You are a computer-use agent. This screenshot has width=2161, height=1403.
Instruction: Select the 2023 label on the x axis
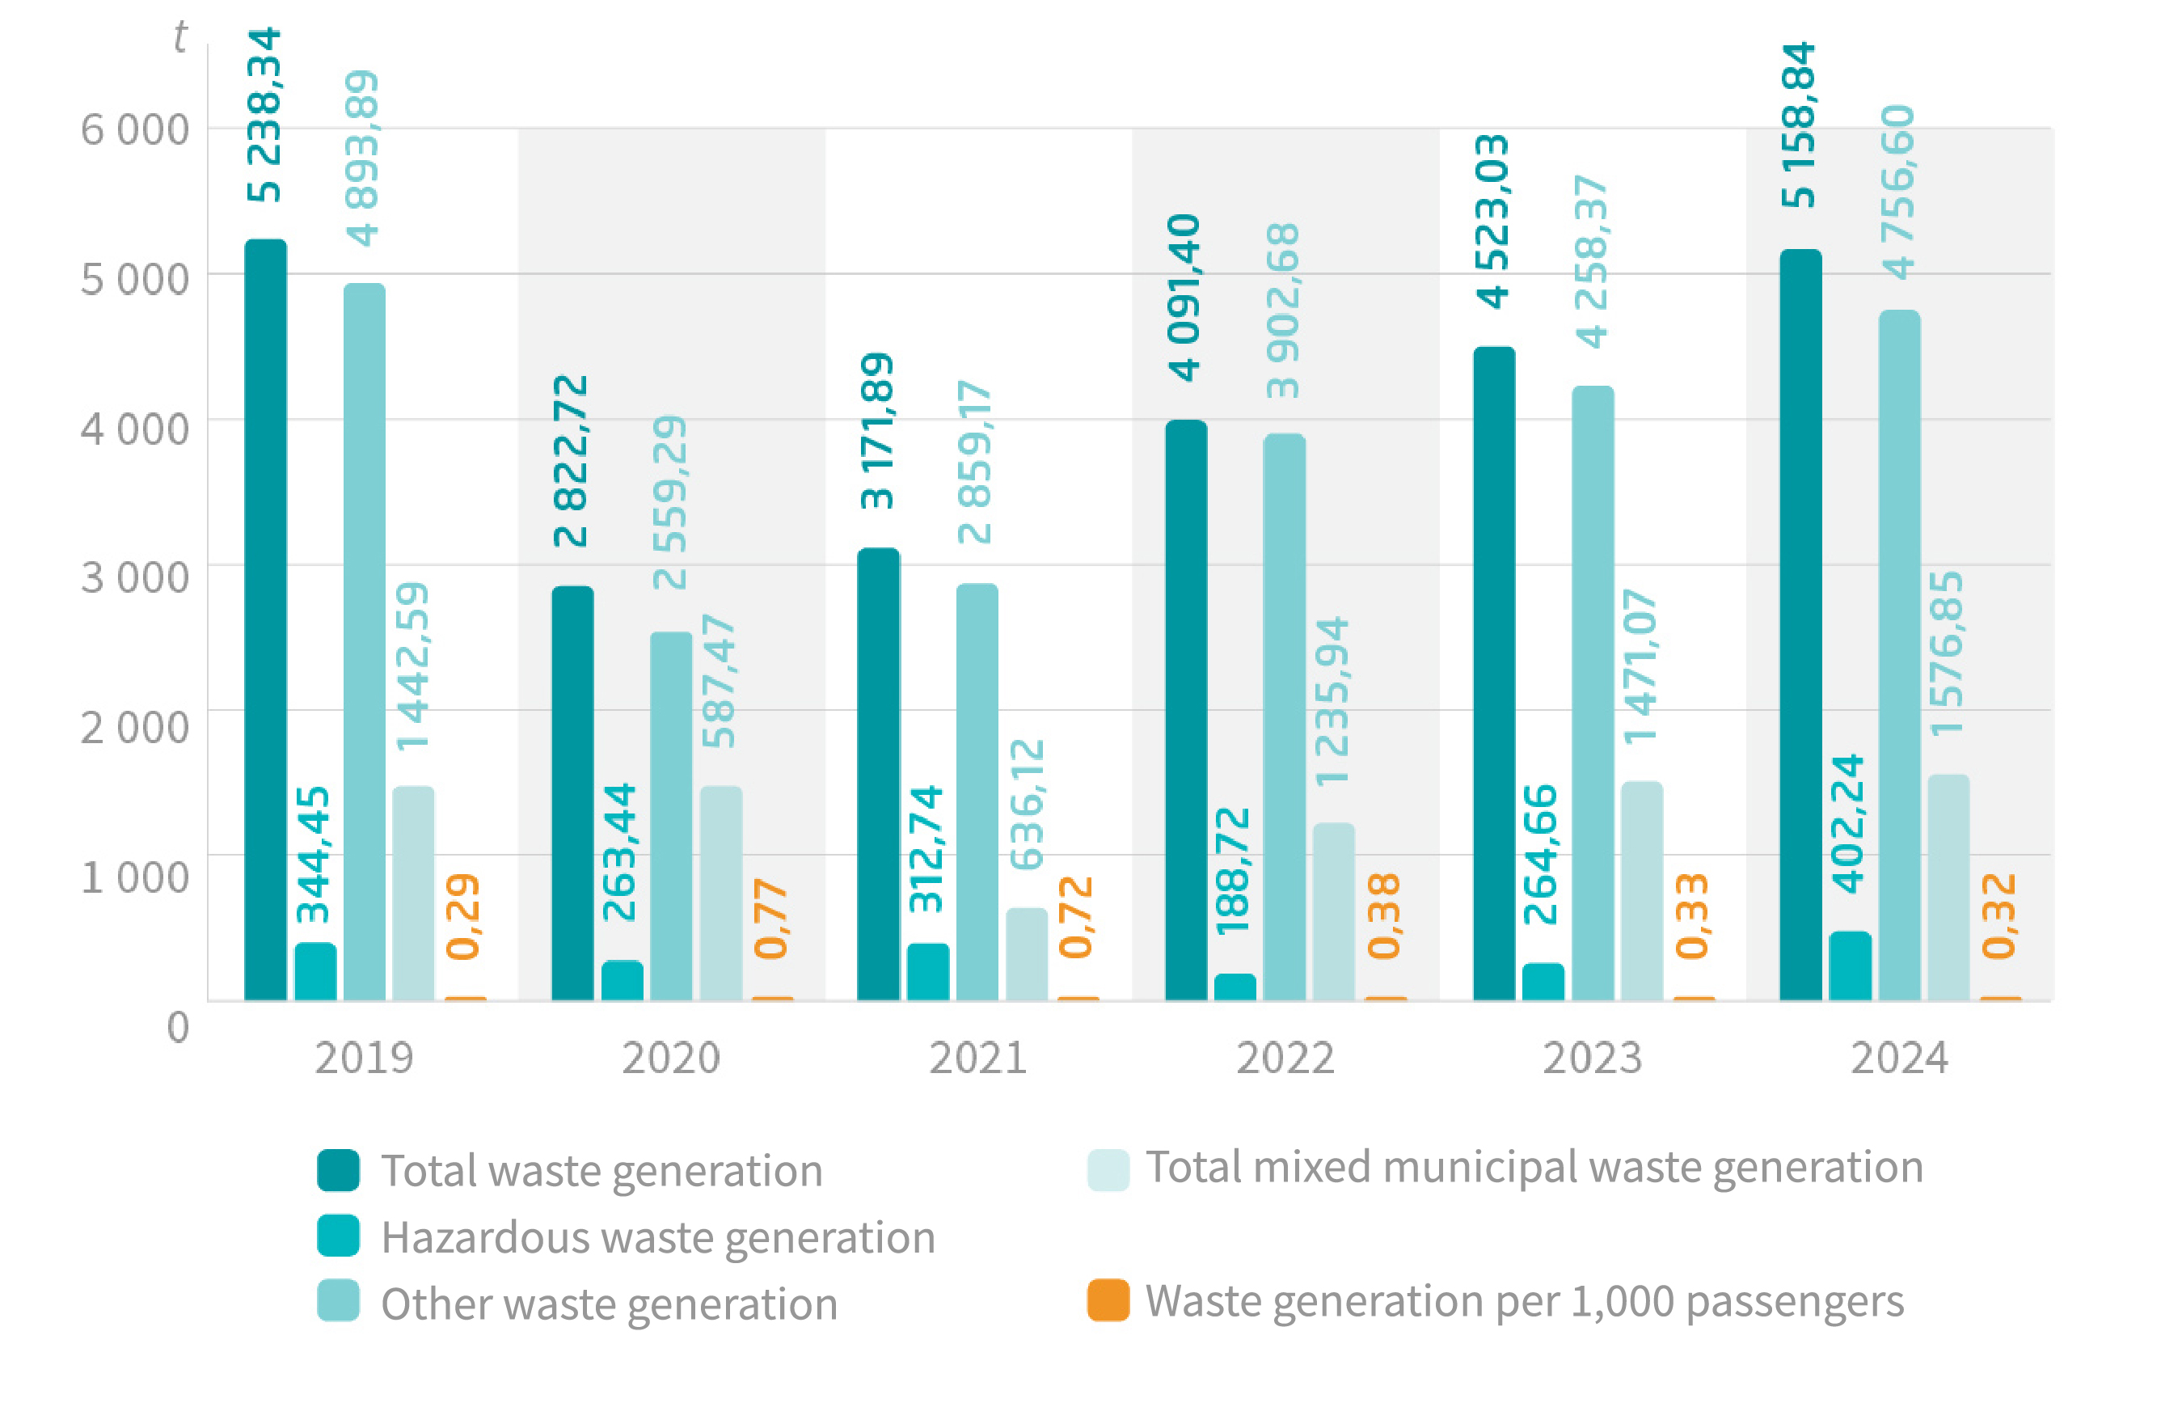tap(1592, 1058)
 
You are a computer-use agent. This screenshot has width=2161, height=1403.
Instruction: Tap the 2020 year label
tap(670, 1058)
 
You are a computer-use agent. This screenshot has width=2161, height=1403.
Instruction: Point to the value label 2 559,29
tap(670, 501)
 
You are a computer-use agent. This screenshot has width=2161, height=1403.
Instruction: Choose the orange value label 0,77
tap(771, 918)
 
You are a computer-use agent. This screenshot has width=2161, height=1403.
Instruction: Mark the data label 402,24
tap(1848, 822)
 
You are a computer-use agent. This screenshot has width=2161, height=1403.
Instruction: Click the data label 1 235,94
tap(1333, 701)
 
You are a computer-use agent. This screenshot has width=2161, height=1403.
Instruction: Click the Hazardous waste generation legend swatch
tap(338, 1236)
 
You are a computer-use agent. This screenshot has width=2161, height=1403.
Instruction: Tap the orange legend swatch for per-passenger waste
tap(1108, 1299)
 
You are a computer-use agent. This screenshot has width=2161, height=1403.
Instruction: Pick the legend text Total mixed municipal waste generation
tap(1534, 1167)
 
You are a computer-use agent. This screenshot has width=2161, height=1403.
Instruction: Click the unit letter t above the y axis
tap(179, 37)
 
